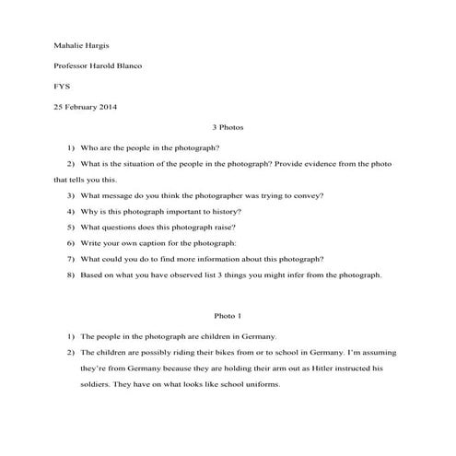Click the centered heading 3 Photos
[x=228, y=128]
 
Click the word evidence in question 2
[x=306, y=163]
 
